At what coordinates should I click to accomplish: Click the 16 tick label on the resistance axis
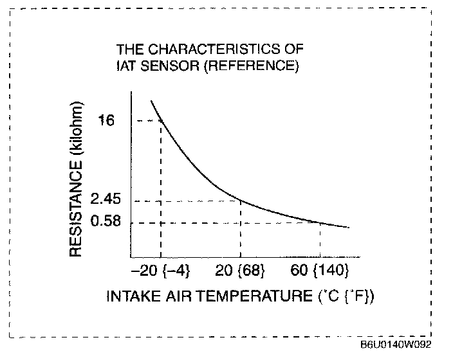106,121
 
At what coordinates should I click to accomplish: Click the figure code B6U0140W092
396,344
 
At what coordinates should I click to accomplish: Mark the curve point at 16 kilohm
161,121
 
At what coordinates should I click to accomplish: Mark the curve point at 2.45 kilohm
241,201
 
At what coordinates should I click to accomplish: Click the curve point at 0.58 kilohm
320,222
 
